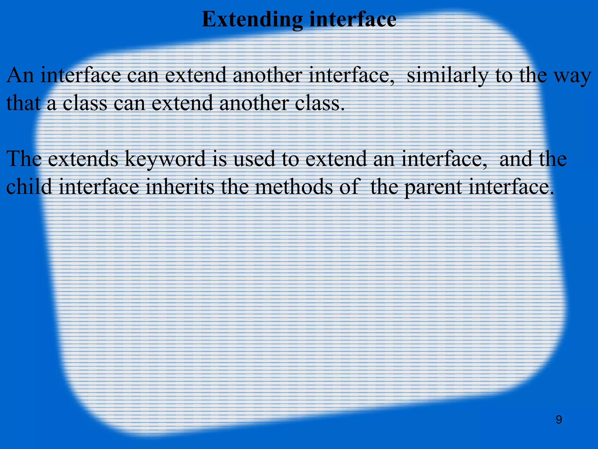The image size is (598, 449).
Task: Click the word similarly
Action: click(447, 75)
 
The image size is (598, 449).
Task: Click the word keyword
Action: click(165, 159)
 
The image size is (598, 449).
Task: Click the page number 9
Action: click(559, 420)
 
